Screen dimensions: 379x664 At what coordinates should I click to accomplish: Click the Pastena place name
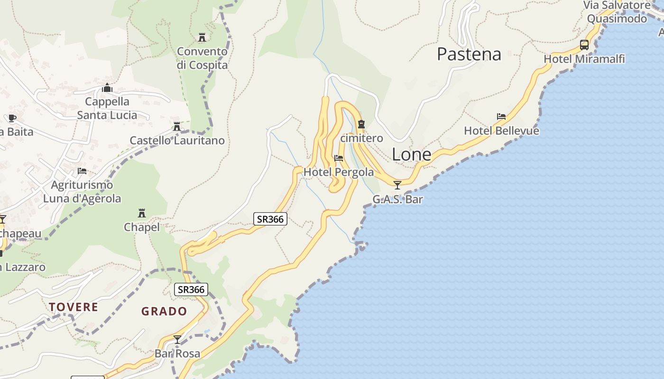[x=469, y=54]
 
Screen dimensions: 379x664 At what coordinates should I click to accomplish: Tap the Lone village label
[x=412, y=154]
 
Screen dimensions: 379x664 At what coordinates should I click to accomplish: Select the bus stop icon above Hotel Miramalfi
[x=584, y=45]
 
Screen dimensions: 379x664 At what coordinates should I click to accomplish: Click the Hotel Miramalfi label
[x=584, y=59]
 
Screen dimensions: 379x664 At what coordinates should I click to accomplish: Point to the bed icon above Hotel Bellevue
[x=501, y=117]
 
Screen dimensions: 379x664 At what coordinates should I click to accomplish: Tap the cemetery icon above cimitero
[x=361, y=124]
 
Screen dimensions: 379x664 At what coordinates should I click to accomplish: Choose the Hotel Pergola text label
[x=339, y=172]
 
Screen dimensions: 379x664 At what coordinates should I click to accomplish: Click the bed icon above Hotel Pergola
[x=339, y=158]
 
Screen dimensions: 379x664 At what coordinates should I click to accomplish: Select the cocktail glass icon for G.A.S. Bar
[x=397, y=185]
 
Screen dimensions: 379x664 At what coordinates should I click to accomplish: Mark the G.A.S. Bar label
[x=397, y=199]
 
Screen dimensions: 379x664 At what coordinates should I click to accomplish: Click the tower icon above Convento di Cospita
[x=202, y=37]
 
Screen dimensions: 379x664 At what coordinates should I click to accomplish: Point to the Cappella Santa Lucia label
[x=107, y=108]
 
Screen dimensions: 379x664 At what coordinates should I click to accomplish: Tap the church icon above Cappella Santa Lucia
[x=107, y=88]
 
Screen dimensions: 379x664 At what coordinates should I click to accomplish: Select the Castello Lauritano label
[x=177, y=141]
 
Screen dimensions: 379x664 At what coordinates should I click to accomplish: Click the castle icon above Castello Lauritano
[x=177, y=126]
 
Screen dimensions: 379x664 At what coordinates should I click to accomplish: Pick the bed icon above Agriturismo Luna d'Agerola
[x=82, y=171]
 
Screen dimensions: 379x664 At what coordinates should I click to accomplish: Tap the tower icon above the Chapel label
[x=141, y=213]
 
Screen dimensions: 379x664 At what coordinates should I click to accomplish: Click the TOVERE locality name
[x=74, y=307]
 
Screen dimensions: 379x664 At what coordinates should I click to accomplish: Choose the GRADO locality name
[x=164, y=312]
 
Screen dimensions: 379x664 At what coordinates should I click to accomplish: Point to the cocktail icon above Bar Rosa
[x=177, y=340]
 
